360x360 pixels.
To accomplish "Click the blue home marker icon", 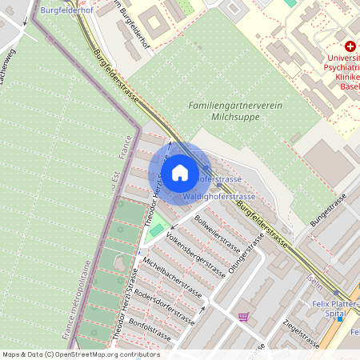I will tap(180, 172).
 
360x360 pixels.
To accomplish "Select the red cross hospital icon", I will tap(350, 47).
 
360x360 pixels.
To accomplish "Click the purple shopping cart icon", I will tap(243, 317).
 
